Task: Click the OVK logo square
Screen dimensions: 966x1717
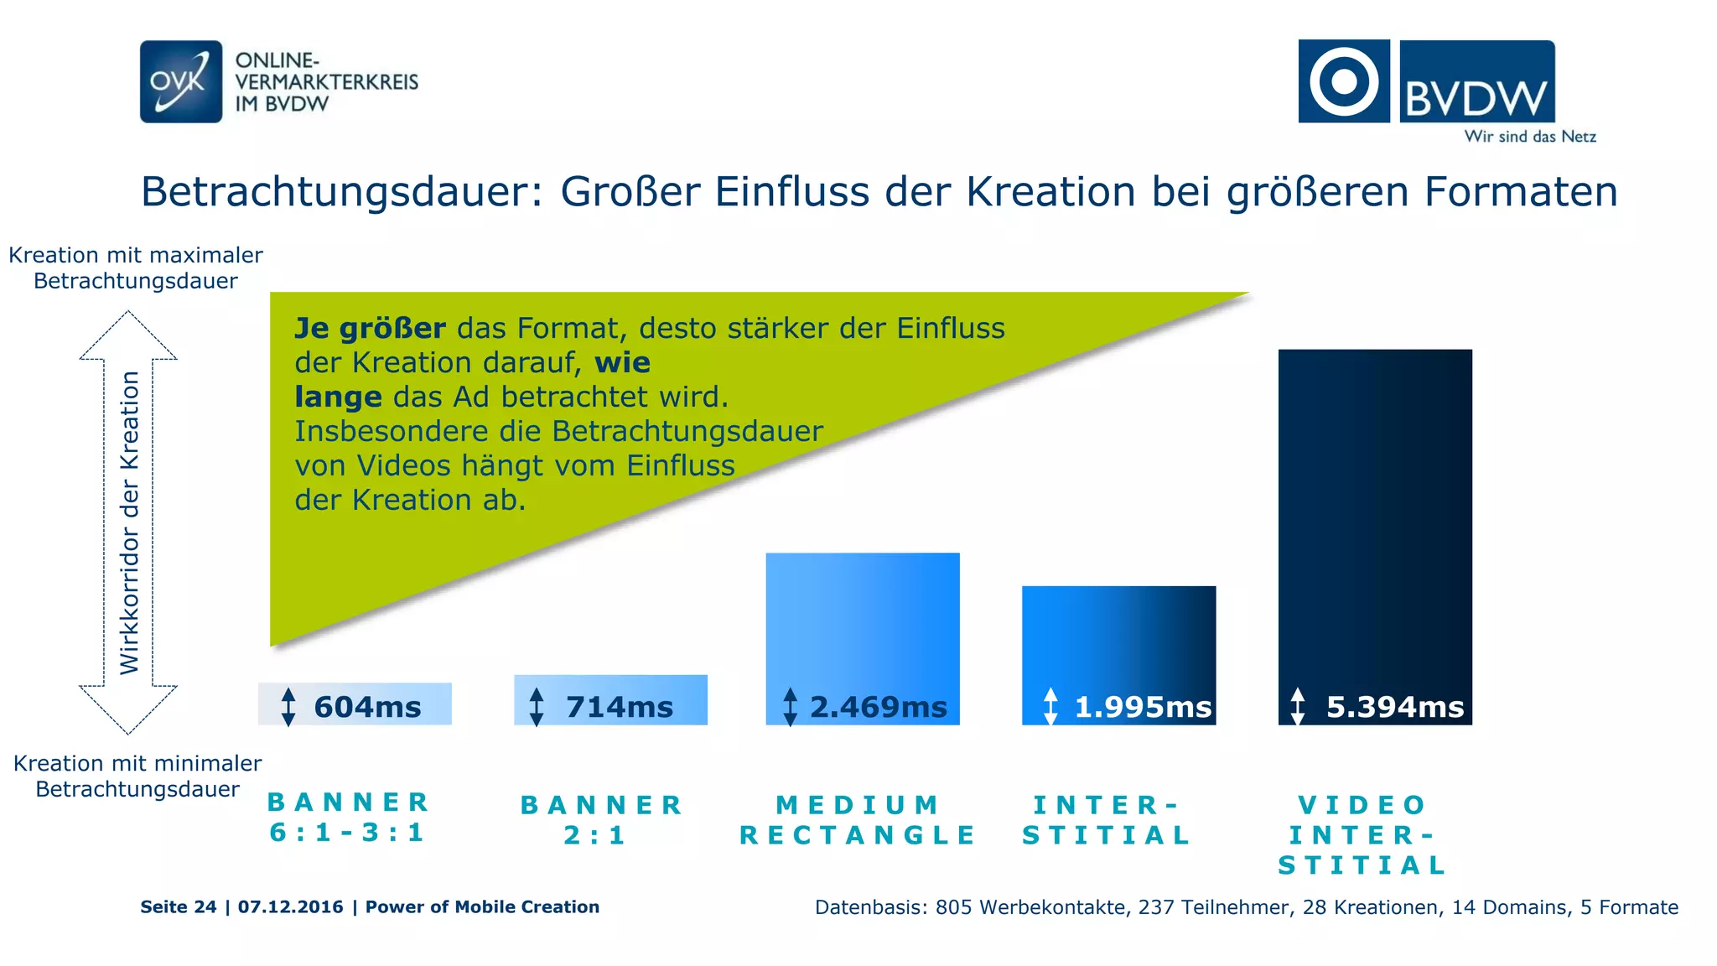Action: point(180,81)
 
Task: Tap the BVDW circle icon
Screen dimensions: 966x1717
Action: point(1343,81)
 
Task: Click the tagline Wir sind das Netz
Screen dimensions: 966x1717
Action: point(1529,137)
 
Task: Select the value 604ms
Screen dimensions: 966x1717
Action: point(367,707)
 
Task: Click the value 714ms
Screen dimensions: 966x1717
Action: point(619,707)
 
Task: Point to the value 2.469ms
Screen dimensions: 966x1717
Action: point(878,707)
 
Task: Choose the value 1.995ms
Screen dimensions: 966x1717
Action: point(1143,707)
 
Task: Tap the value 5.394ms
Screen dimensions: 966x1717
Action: point(1394,707)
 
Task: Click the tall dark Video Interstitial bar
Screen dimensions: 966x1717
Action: point(1375,503)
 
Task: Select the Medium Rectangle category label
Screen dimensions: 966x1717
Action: point(858,820)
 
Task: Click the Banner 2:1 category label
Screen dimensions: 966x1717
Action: point(601,820)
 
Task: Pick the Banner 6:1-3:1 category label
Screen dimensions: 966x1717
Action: point(348,818)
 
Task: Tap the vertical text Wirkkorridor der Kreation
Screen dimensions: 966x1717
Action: point(129,522)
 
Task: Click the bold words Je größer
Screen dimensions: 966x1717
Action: point(370,328)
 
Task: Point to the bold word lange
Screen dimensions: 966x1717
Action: point(338,397)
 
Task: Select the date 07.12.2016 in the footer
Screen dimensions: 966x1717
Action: point(290,906)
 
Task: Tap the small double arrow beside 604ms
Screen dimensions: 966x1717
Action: point(288,706)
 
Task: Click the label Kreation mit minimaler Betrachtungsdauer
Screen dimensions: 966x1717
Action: point(137,776)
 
